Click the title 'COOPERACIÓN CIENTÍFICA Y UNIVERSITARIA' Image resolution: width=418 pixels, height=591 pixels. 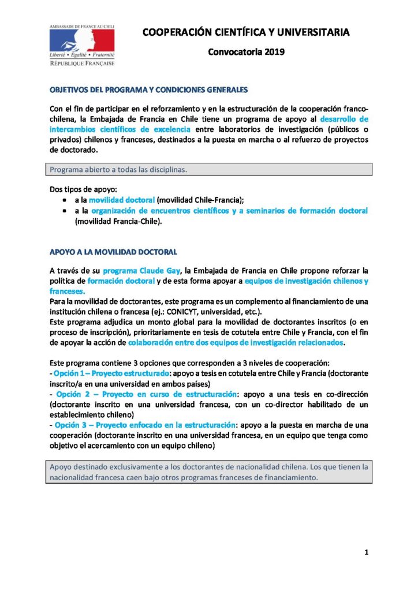tap(246, 33)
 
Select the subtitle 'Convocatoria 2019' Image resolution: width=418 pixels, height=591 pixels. tap(246, 53)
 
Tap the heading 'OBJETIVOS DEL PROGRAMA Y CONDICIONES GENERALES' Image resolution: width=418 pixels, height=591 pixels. tap(149, 91)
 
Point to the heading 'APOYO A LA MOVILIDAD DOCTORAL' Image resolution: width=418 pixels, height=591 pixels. tap(113, 252)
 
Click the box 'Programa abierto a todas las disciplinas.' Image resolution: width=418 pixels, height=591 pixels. tap(209, 170)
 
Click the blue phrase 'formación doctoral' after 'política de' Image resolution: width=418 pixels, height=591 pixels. tap(121, 280)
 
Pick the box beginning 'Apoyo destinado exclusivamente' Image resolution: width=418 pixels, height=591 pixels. tap(209, 472)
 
